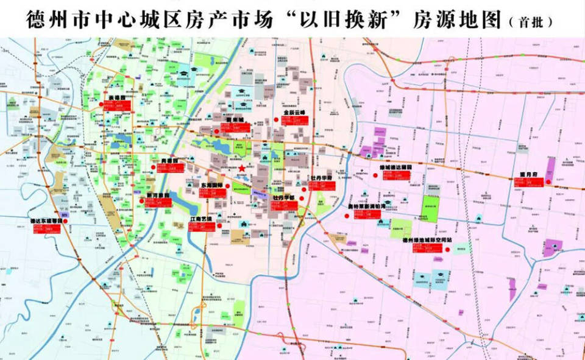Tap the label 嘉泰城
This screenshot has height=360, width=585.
click(235, 119)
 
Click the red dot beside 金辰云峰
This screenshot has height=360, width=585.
click(277, 120)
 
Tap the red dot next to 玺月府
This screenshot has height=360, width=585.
click(547, 182)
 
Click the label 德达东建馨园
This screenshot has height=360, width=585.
click(48, 221)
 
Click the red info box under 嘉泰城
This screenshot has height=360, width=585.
click(235, 128)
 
